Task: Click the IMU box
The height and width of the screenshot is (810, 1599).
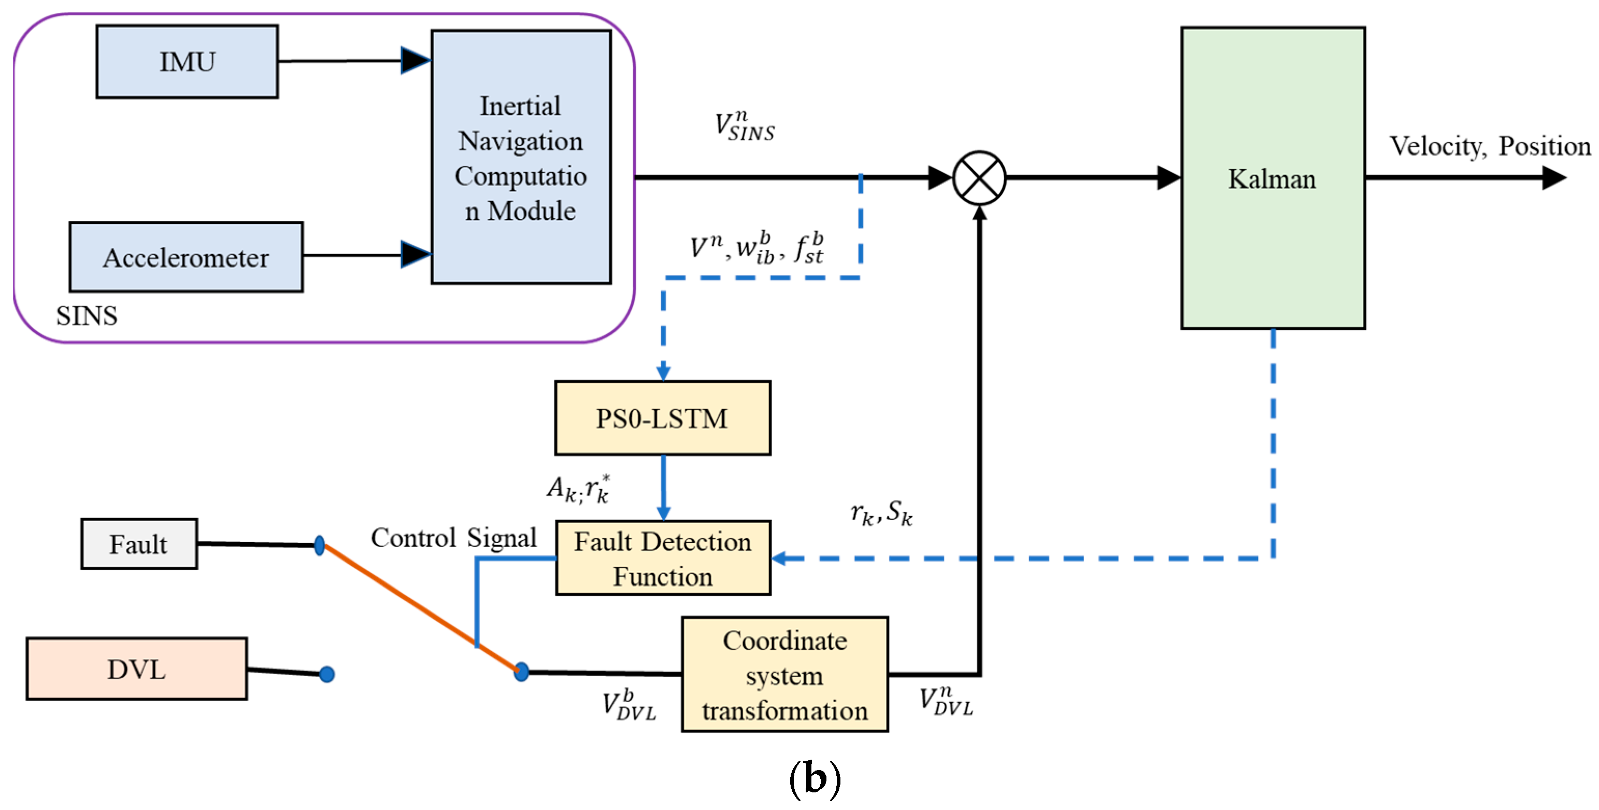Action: [187, 62]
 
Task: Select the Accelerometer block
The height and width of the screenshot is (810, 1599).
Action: [186, 257]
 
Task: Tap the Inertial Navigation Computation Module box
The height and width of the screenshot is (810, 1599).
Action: [521, 157]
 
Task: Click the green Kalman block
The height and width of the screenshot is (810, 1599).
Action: [1273, 178]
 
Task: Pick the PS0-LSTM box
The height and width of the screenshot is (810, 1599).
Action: [663, 418]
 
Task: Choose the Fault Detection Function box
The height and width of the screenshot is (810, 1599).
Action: [663, 558]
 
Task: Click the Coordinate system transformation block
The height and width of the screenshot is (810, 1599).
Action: [785, 674]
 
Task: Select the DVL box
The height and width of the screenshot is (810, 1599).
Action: [137, 669]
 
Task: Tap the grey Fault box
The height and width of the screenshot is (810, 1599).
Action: [139, 544]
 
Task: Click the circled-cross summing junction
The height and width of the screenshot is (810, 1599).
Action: [979, 178]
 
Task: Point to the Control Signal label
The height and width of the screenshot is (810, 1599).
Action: [454, 538]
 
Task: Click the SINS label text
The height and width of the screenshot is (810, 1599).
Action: [87, 316]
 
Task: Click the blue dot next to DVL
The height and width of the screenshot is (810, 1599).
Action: [327, 674]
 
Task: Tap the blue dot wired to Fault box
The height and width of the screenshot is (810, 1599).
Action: [320, 546]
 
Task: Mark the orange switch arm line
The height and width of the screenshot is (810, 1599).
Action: [421, 608]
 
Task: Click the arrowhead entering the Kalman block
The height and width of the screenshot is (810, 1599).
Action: [1169, 178]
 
